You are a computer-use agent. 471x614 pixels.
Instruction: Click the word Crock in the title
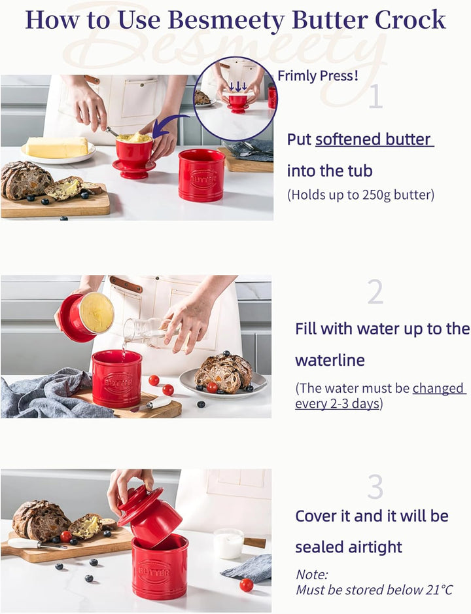(410, 20)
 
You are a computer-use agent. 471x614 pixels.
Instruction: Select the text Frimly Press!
(318, 75)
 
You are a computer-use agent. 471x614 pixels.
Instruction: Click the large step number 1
(375, 96)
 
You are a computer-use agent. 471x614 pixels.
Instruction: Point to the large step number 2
(375, 292)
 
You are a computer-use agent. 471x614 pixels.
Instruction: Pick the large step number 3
(375, 487)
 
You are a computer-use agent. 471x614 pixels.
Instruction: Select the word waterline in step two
(330, 360)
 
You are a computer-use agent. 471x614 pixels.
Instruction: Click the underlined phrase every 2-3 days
(337, 403)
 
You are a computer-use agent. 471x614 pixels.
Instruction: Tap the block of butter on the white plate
(57, 147)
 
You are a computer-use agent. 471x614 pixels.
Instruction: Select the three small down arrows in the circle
(238, 86)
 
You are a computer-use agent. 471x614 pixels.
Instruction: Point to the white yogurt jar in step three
(229, 543)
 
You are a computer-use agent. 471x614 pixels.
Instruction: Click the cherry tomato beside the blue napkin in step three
(247, 585)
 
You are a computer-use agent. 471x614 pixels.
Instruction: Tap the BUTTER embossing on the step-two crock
(118, 382)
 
